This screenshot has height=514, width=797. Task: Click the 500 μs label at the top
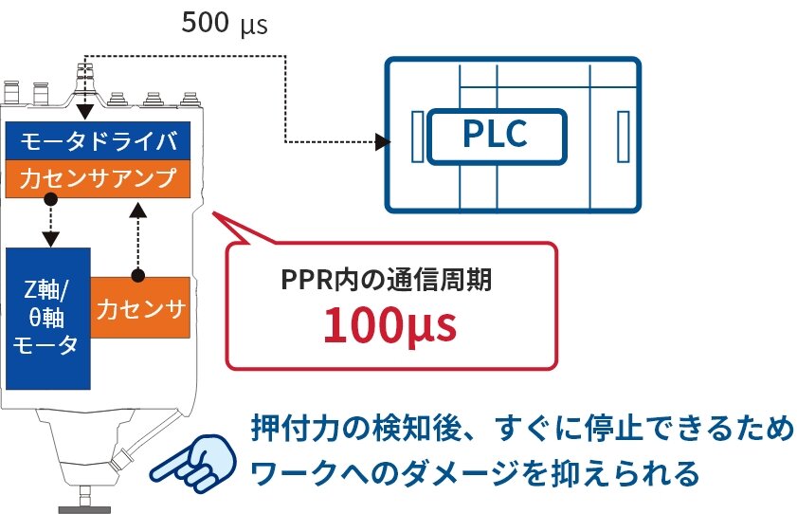225,24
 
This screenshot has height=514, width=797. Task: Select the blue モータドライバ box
99,141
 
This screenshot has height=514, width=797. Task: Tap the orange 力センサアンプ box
99,177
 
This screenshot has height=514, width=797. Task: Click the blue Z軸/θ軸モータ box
47,318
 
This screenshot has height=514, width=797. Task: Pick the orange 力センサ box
141,307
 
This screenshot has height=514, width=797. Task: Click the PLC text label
495,135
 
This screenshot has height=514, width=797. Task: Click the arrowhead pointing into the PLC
384,142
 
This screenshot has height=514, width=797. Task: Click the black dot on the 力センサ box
137,276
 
